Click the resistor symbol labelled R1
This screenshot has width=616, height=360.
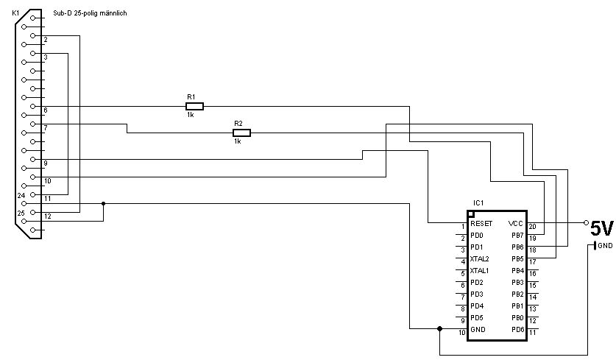pyautogui.click(x=194, y=106)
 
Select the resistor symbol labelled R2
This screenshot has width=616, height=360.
pyautogui.click(x=241, y=133)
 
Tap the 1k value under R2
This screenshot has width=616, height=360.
pyautogui.click(x=237, y=141)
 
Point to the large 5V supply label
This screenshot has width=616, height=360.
pyautogui.click(x=602, y=229)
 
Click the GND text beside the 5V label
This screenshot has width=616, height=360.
pyautogui.click(x=605, y=246)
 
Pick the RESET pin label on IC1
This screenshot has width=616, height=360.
pyautogui.click(x=481, y=224)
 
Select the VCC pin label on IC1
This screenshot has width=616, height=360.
pyautogui.click(x=515, y=224)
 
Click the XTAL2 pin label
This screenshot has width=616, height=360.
pyautogui.click(x=479, y=259)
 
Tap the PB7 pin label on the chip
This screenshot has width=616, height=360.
pyautogui.click(x=518, y=236)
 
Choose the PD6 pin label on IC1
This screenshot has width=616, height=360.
pyautogui.click(x=518, y=329)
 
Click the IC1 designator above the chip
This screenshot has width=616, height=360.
pyautogui.click(x=478, y=202)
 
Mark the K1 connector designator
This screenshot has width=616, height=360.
pyautogui.click(x=15, y=13)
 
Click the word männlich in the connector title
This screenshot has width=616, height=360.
pyautogui.click(x=113, y=13)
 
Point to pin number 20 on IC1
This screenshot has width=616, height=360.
pyautogui.click(x=532, y=227)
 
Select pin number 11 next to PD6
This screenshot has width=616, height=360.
pyautogui.click(x=532, y=333)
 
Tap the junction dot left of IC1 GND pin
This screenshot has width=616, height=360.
pyautogui.click(x=439, y=328)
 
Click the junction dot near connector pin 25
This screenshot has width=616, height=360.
pyautogui.click(x=103, y=204)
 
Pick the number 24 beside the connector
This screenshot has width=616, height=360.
pyautogui.click(x=21, y=195)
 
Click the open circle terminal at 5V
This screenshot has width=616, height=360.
pyautogui.click(x=586, y=222)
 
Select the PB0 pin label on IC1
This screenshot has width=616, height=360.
pyautogui.click(x=518, y=317)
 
